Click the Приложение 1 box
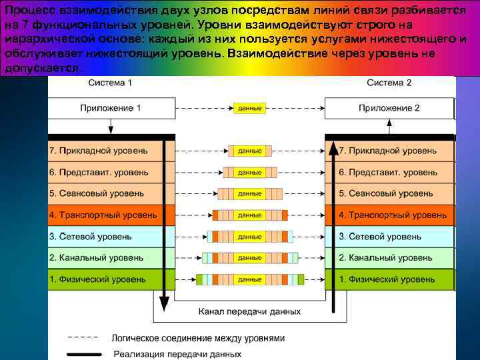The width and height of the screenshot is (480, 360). pos(110,108)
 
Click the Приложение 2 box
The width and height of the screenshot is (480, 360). pos(389,108)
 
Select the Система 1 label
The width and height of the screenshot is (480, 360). pos(110,83)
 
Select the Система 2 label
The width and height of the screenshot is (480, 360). pos(389,83)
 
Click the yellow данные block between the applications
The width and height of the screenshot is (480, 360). pos(249,108)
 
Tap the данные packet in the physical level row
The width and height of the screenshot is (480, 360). pos(249,279)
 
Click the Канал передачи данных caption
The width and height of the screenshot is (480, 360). pos(249,311)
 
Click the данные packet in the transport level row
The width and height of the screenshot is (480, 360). pos(249,215)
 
